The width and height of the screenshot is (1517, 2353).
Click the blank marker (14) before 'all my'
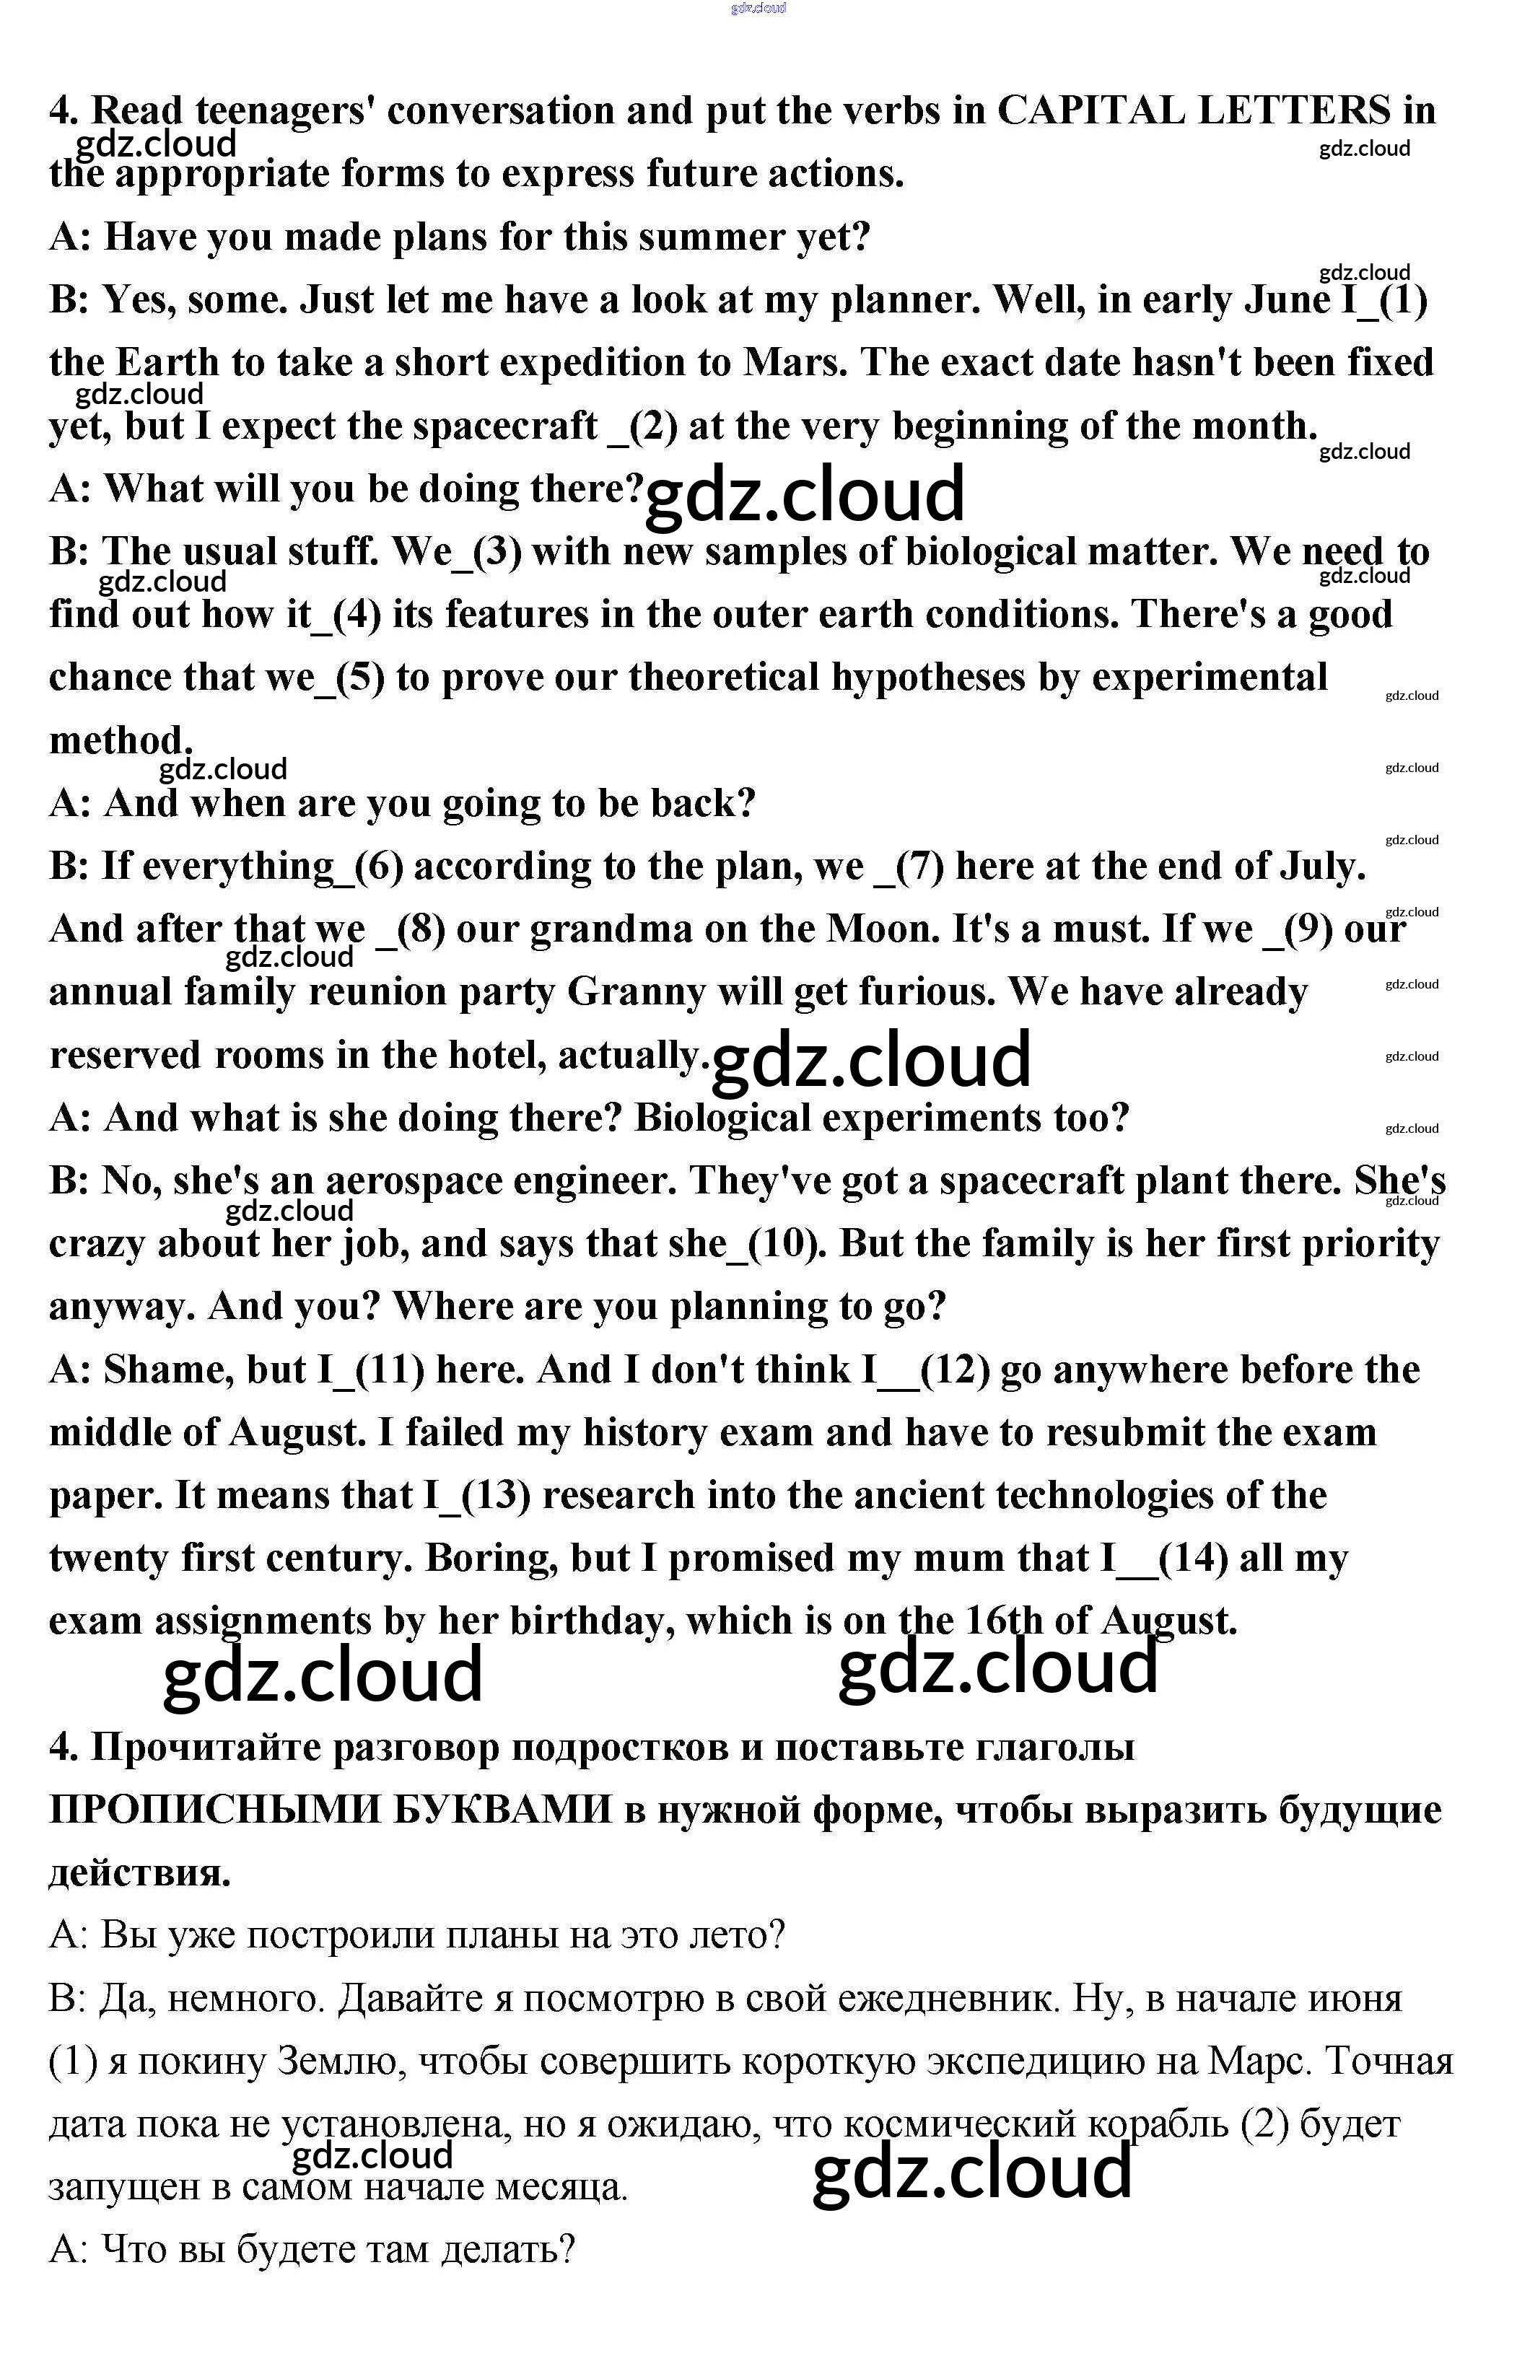click(x=1193, y=1558)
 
